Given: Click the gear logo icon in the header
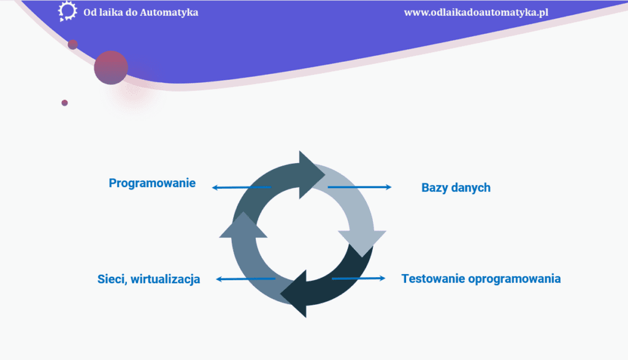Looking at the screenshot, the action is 67,11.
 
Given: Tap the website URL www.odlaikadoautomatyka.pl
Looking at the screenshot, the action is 476,12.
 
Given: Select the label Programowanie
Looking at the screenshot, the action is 152,183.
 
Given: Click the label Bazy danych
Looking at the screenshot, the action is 456,188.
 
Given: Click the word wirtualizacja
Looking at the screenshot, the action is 166,279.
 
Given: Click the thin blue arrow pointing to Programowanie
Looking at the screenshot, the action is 242,188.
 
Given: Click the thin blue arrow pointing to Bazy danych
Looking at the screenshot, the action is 359,187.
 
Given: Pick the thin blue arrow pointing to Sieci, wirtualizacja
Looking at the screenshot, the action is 245,279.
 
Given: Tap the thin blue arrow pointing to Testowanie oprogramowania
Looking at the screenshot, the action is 358,278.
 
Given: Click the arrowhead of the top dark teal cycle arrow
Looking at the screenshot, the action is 310,175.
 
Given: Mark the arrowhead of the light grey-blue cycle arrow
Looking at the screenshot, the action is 362,242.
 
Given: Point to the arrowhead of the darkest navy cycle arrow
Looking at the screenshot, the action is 295,294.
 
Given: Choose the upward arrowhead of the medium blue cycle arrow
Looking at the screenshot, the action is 243,226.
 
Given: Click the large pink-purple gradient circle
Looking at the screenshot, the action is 111,67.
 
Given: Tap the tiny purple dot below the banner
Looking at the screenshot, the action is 64,103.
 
